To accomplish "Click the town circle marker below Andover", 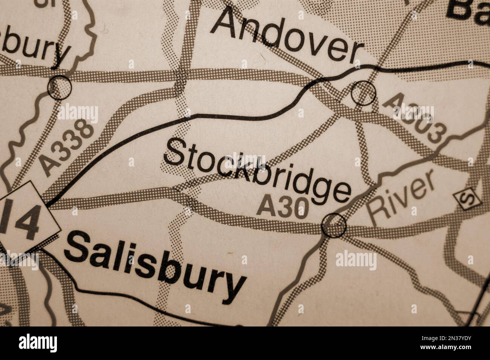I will (363, 92).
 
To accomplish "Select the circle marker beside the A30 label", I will (334, 225).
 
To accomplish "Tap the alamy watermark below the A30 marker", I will (355, 260).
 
